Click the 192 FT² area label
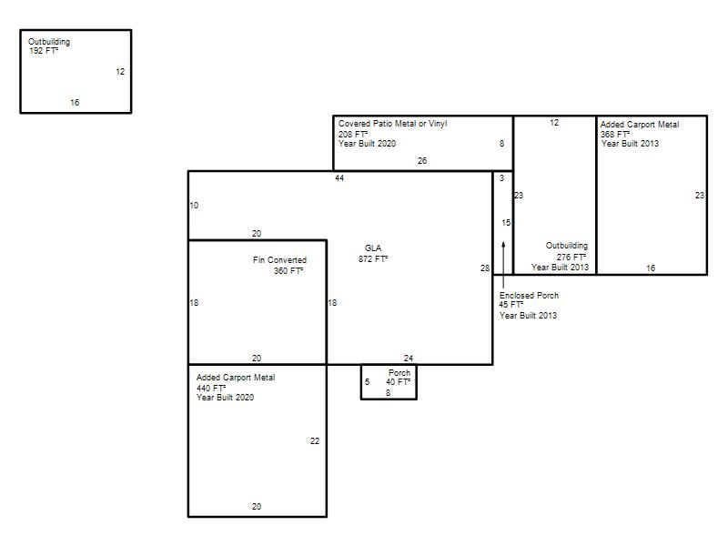pyautogui.click(x=44, y=51)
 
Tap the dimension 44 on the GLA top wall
pyautogui.click(x=339, y=178)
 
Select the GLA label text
pyautogui.click(x=373, y=248)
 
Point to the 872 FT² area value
pyautogui.click(x=373, y=259)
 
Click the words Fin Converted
pyautogui.click(x=279, y=260)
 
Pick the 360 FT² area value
pyautogui.click(x=288, y=270)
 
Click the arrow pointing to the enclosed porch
pyautogui.click(x=503, y=264)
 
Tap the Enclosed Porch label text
pyautogui.click(x=529, y=295)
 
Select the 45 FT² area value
pyautogui.click(x=511, y=305)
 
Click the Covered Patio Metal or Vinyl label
pyautogui.click(x=393, y=124)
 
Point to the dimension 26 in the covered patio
pyautogui.click(x=422, y=161)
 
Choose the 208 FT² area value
pyautogui.click(x=353, y=134)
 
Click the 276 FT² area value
pyautogui.click(x=571, y=258)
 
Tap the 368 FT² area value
pyautogui.click(x=615, y=134)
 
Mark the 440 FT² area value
pyautogui.click(x=211, y=389)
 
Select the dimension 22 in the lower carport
pyautogui.click(x=315, y=441)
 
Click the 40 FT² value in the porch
pyautogui.click(x=398, y=382)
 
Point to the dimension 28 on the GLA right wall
pyautogui.click(x=485, y=268)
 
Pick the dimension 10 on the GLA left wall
pyautogui.click(x=194, y=206)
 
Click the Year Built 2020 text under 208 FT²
pyautogui.click(x=368, y=144)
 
